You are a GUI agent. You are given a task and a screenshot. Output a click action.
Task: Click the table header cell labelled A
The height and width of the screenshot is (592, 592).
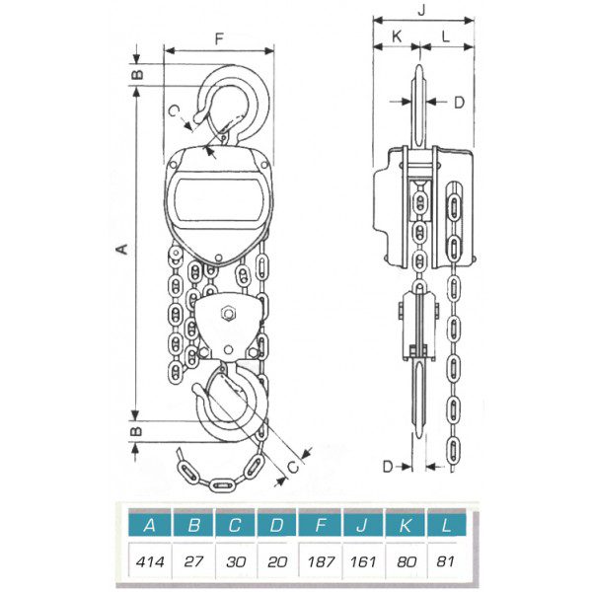click(150, 525)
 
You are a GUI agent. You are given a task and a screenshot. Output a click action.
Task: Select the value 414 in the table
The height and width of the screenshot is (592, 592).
click(150, 561)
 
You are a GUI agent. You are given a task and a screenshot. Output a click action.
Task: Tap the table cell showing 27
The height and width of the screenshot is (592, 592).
click(193, 561)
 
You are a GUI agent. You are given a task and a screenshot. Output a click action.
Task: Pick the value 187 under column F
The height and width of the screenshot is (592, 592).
click(321, 561)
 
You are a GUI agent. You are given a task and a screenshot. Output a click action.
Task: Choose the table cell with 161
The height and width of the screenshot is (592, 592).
click(363, 561)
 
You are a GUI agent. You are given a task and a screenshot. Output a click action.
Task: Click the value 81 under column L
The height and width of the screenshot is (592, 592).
click(446, 561)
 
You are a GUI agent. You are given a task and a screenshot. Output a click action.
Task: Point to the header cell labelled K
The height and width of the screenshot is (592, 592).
click(406, 525)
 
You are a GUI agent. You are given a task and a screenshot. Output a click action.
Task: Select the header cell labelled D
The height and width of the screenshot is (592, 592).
click(277, 525)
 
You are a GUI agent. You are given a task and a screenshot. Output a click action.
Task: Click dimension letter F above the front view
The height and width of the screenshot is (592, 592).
click(219, 38)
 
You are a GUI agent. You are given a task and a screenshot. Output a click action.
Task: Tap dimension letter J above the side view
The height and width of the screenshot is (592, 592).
click(421, 10)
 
